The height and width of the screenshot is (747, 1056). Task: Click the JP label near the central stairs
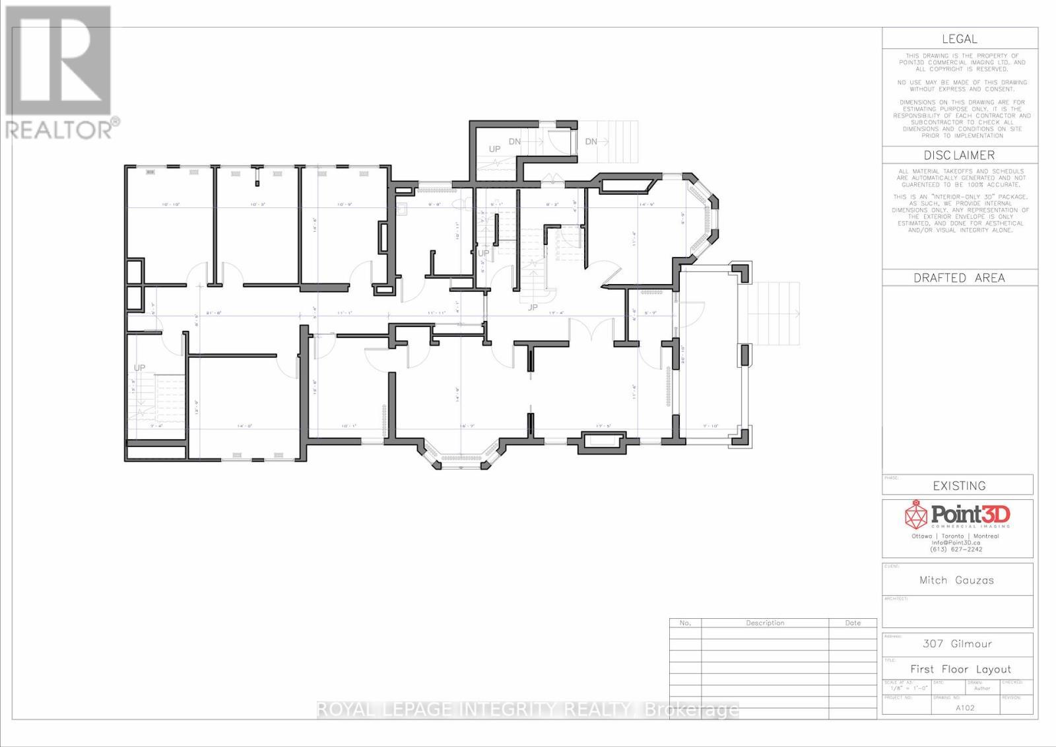click(533, 307)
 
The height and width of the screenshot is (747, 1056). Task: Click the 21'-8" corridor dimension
click(213, 313)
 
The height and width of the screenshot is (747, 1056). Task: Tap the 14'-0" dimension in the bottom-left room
click(246, 427)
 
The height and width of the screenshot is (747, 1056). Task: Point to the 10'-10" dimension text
click(171, 205)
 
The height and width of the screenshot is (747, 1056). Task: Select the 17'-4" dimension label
click(556, 313)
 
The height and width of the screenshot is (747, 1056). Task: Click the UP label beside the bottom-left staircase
click(139, 368)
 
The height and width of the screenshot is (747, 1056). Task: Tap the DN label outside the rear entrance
click(591, 141)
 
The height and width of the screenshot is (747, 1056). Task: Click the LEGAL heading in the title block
click(959, 40)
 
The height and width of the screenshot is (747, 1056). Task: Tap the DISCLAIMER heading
click(959, 156)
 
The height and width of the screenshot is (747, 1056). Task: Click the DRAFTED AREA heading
click(959, 278)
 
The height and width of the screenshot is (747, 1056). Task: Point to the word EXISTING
click(959, 486)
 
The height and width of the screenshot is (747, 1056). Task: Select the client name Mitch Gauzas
click(956, 581)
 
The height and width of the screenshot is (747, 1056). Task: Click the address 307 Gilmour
click(957, 644)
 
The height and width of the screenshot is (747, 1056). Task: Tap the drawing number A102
click(965, 707)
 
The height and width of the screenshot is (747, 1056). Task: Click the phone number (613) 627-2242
click(956, 550)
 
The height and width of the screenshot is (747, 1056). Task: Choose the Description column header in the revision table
click(765, 623)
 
